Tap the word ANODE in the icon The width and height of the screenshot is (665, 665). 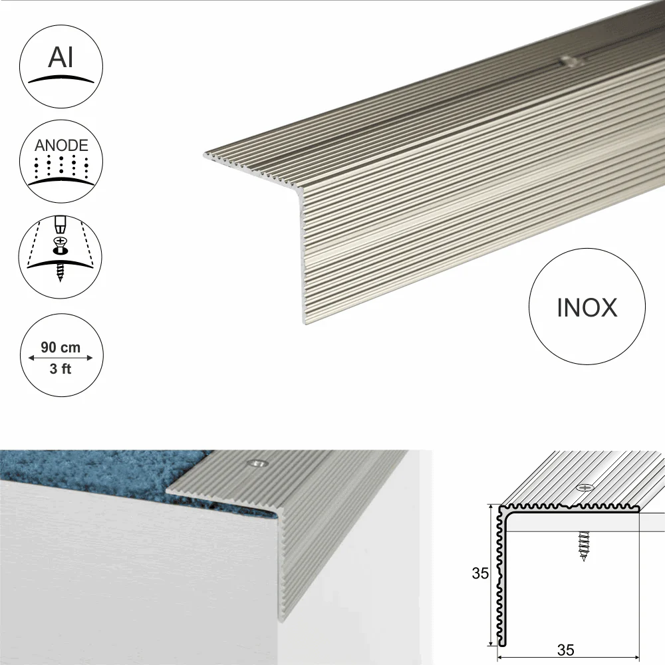[61, 146]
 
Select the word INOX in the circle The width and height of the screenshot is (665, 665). [587, 308]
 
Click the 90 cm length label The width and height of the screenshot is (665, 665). [61, 347]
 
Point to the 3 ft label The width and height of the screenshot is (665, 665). [61, 368]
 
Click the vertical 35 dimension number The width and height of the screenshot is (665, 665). [481, 573]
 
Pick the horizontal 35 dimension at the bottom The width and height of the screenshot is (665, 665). [566, 650]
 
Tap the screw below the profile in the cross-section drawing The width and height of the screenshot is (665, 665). [584, 546]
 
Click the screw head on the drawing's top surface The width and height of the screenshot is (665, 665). [585, 487]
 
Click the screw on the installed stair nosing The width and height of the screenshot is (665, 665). [257, 463]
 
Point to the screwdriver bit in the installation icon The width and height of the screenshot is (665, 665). [61, 225]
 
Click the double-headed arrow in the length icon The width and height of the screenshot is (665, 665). [61, 358]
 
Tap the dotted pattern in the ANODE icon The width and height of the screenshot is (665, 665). [61, 166]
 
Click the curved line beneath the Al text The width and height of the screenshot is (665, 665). [61, 79]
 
